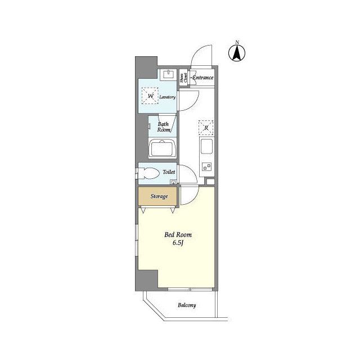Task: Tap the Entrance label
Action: (x=202, y=77)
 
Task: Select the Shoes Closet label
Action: (x=183, y=78)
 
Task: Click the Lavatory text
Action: (x=168, y=97)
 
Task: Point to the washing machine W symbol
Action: (x=151, y=97)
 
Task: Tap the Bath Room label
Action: (x=164, y=127)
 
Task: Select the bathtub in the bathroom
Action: (x=163, y=150)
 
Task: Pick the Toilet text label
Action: (x=169, y=172)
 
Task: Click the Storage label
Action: (x=159, y=196)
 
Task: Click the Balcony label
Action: (x=187, y=305)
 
